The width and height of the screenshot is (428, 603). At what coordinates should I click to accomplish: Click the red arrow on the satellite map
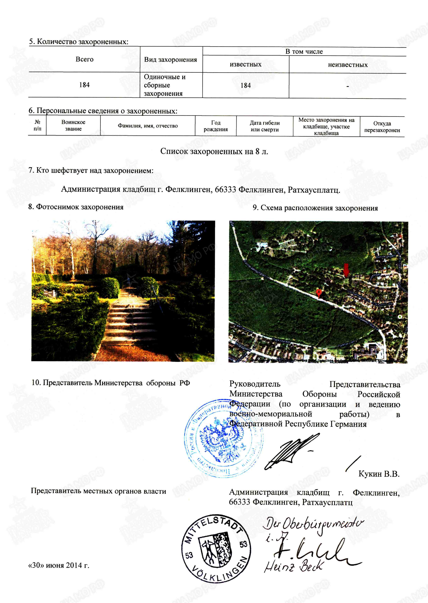click(x=346, y=270)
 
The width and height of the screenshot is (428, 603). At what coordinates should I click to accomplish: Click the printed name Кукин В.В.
click(x=379, y=474)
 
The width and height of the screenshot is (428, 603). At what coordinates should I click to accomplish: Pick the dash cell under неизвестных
click(x=348, y=86)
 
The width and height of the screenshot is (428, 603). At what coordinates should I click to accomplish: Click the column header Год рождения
click(x=216, y=126)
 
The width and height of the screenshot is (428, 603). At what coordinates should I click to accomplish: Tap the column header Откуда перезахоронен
click(x=382, y=127)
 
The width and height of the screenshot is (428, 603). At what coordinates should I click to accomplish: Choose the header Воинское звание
click(x=73, y=126)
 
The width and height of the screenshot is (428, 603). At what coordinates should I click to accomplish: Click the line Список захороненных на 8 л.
click(x=214, y=152)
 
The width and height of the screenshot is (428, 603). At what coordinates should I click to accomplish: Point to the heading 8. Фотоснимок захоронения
click(x=76, y=207)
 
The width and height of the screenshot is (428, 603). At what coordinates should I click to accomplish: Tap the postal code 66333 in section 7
click(x=225, y=189)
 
